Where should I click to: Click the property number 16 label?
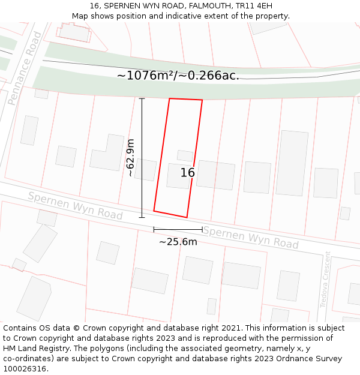tap(188, 173)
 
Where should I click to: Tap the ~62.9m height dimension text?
tap(130, 157)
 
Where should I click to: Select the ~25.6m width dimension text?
tap(178, 242)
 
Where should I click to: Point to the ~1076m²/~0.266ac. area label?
tap(178, 76)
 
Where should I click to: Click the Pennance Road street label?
tap(25, 68)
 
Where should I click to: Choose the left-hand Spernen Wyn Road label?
tap(75, 206)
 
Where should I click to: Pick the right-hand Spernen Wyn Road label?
tap(250, 238)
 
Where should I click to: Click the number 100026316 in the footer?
tap(25, 368)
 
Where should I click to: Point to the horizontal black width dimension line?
tap(178, 229)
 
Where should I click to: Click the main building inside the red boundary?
tap(178, 176)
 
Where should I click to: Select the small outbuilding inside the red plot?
tap(185, 155)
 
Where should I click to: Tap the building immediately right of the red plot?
tap(215, 175)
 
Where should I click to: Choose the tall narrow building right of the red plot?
tap(292, 163)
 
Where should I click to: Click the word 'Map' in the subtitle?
tap(80, 16)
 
